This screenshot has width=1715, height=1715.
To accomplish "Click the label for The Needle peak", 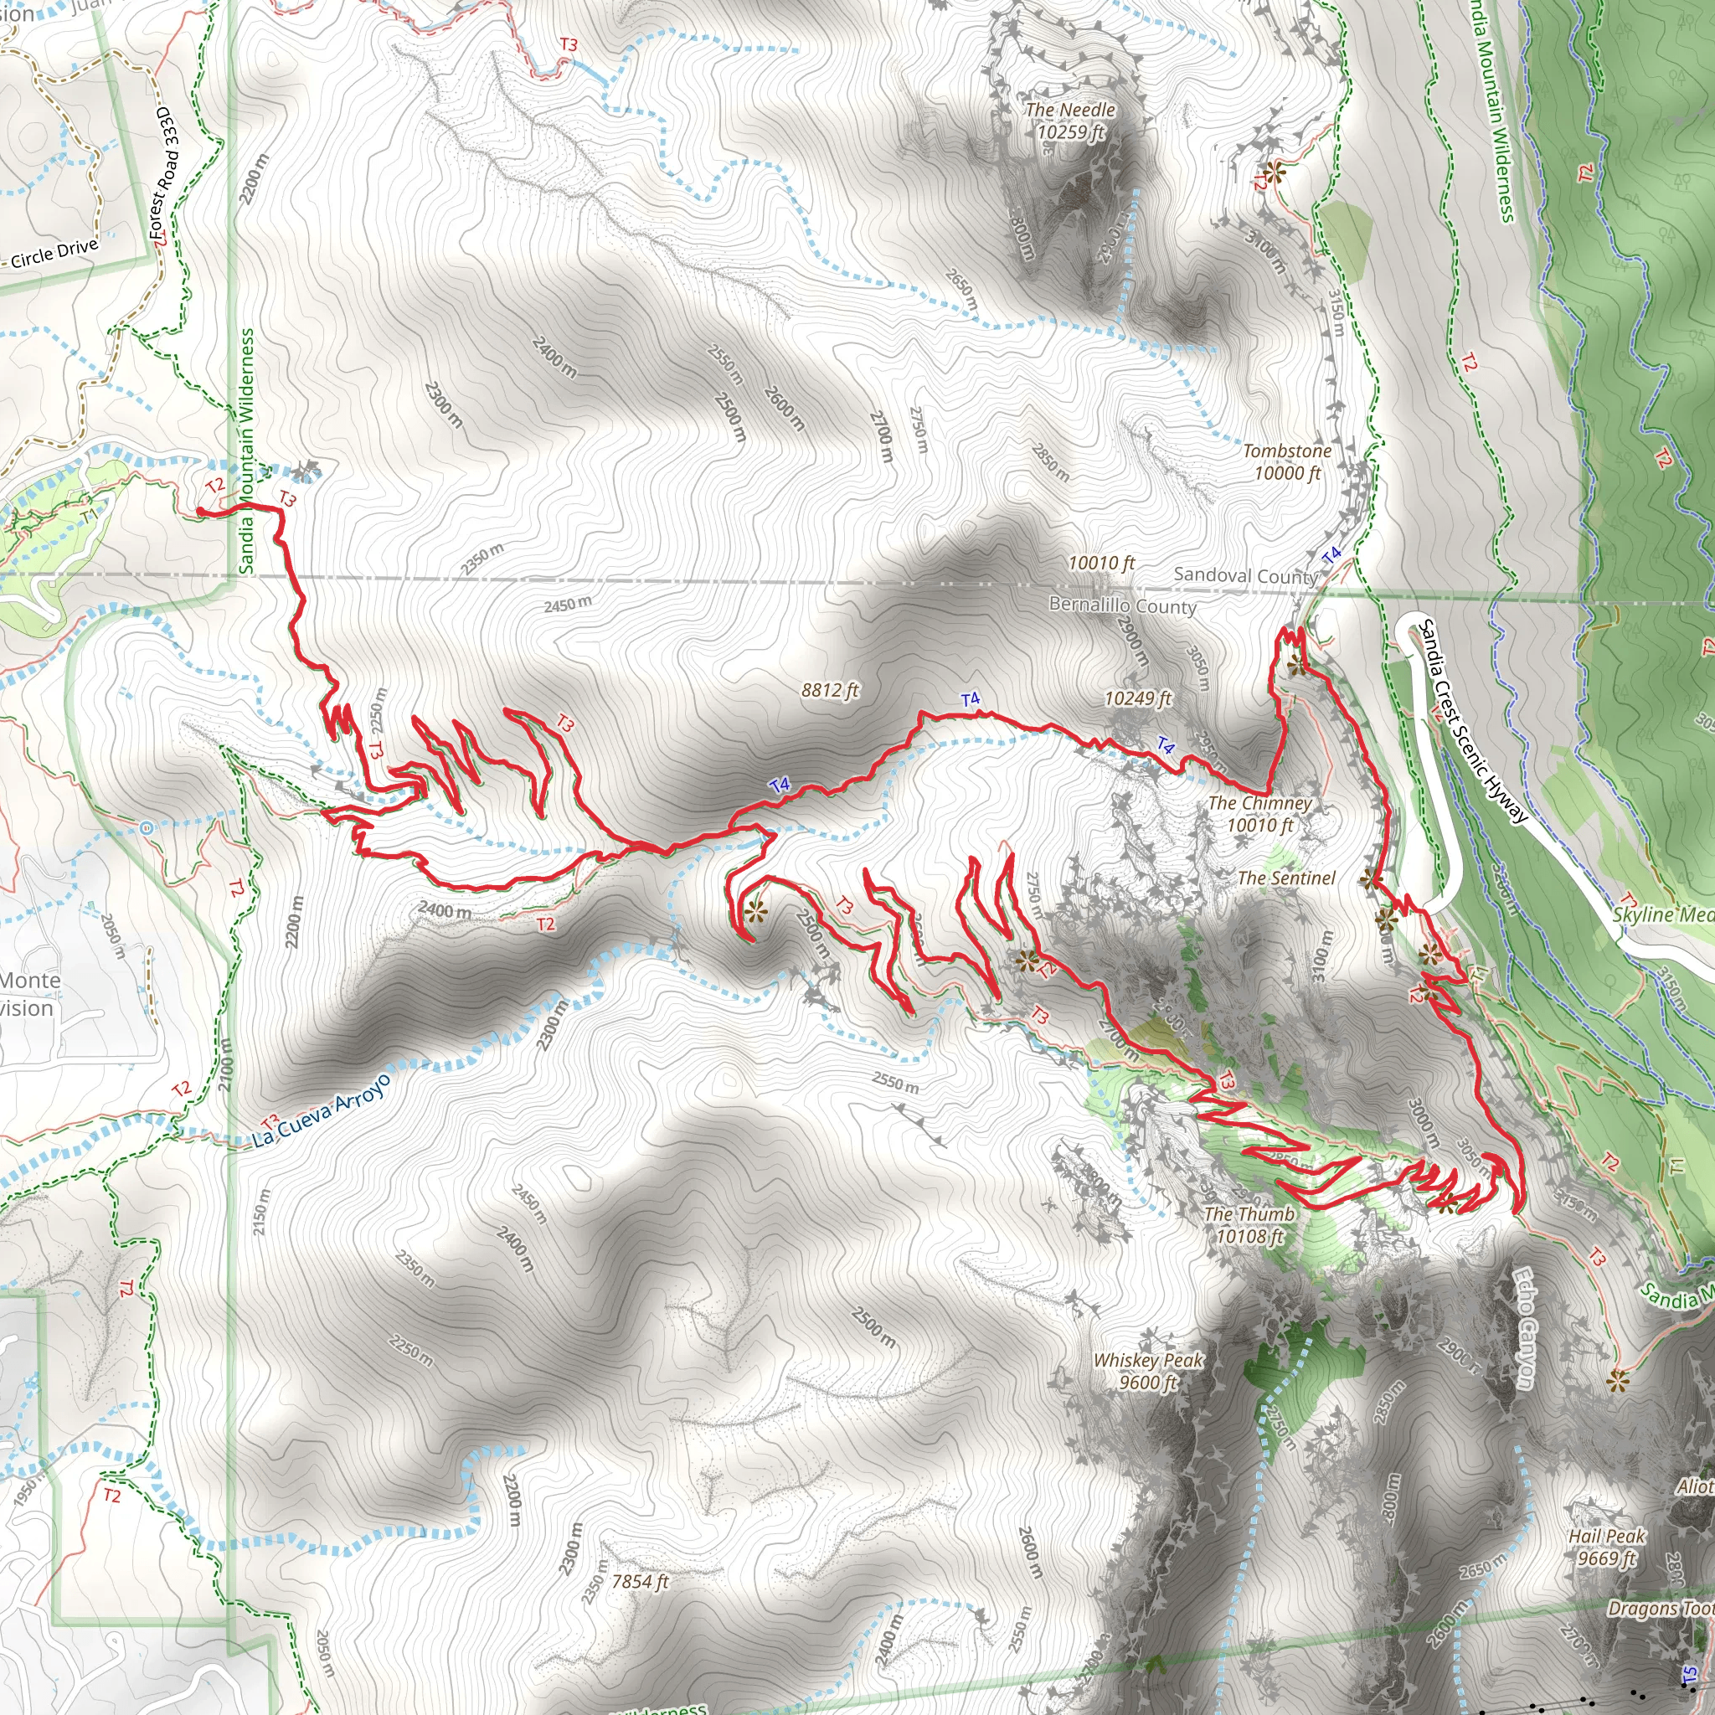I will (1069, 121).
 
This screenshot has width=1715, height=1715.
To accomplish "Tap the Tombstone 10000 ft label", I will (1286, 461).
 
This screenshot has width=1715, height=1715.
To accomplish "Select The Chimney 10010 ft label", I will (1259, 814).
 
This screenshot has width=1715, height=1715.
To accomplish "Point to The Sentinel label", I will (1285, 878).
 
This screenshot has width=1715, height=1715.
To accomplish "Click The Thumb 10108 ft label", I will (1249, 1225).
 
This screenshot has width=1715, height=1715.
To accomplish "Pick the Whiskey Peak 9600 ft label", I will (1147, 1371).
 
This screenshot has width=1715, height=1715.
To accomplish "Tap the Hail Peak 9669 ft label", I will (1606, 1547).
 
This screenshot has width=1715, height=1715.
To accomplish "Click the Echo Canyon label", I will (1524, 1328).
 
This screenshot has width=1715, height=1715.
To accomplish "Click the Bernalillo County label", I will (1122, 605).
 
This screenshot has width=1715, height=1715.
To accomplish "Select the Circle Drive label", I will (54, 253).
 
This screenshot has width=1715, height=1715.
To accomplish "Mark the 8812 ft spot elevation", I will (829, 690).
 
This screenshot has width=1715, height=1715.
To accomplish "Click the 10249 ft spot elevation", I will (1137, 698).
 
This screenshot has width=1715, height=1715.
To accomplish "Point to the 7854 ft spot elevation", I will (640, 1581).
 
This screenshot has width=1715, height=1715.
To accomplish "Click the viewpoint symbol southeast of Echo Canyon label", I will (1617, 1379).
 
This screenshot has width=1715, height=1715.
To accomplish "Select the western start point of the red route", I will (200, 512).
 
